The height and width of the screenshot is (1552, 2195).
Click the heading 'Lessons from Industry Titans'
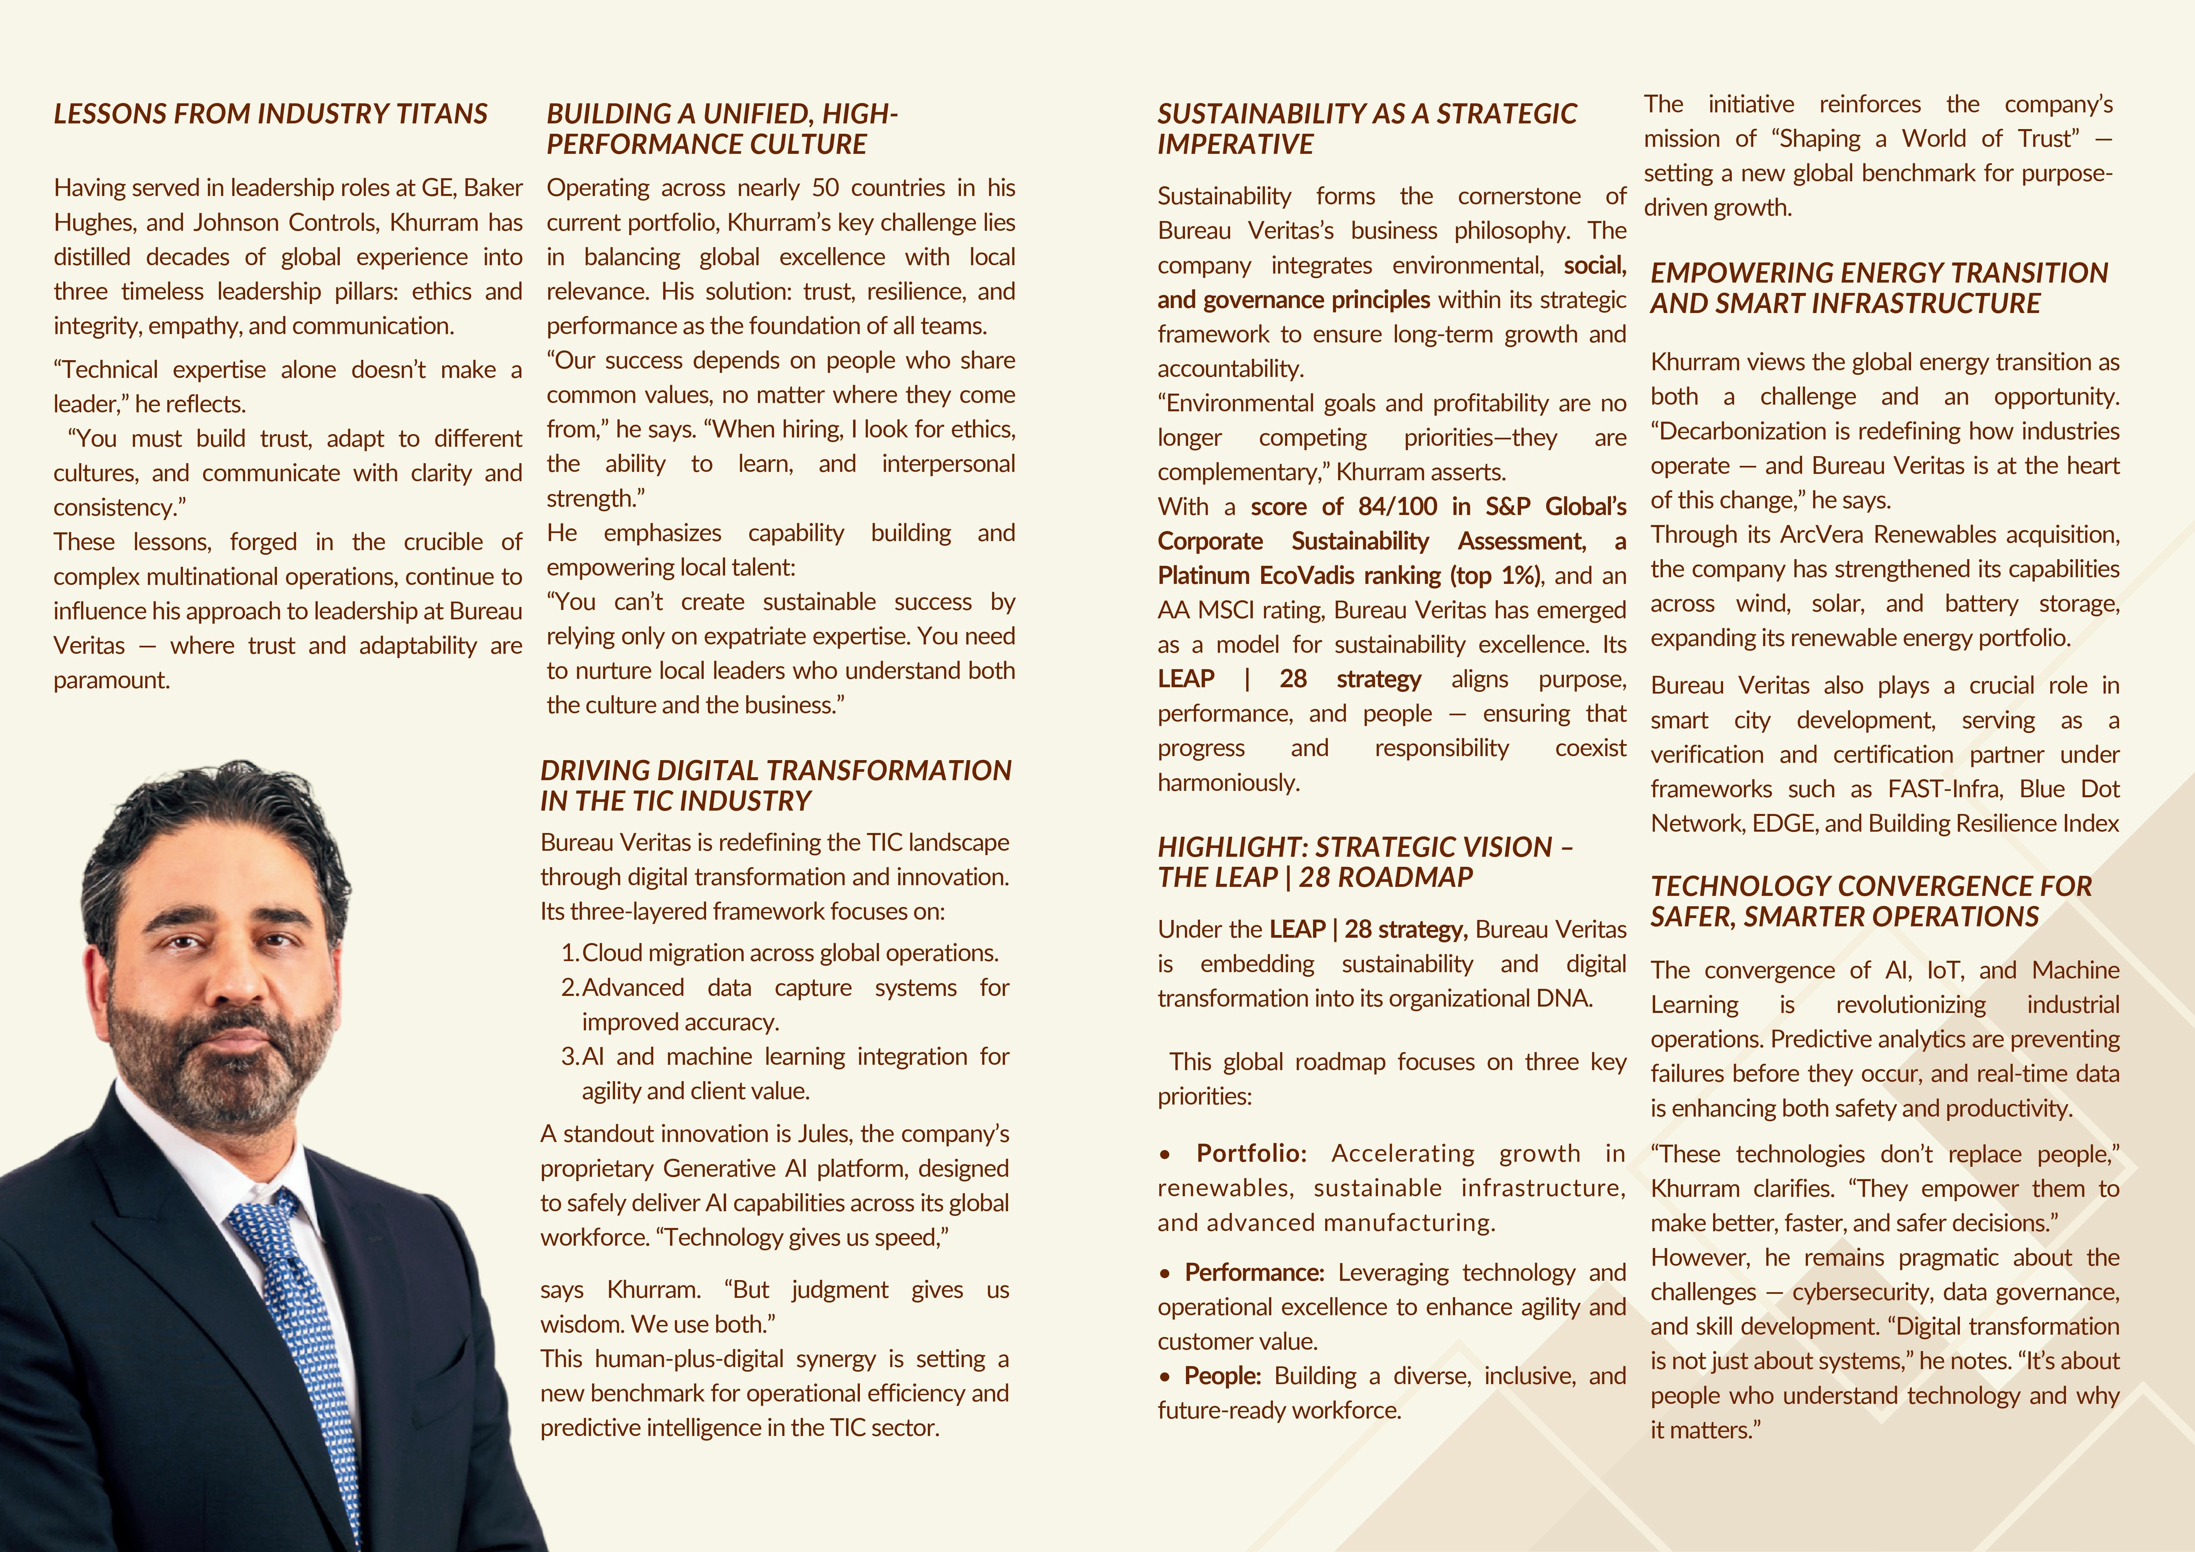271,114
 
